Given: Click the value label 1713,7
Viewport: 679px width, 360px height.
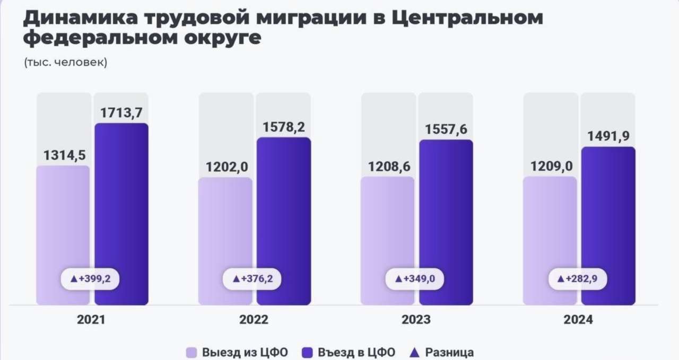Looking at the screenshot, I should tap(121, 112).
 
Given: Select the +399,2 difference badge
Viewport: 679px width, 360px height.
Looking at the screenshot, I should tap(90, 278).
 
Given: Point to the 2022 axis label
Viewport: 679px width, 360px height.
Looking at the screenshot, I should tap(254, 320).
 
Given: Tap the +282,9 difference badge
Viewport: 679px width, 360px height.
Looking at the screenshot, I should tap(577, 278).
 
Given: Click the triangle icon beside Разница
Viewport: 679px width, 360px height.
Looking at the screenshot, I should tap(416, 352).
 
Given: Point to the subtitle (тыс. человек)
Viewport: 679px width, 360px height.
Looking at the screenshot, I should tap(66, 62).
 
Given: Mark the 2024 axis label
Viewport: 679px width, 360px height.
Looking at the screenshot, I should tap(579, 320).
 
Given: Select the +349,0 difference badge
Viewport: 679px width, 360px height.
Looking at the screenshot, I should tap(415, 278).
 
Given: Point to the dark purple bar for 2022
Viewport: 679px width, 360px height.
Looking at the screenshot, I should tap(283, 212).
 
